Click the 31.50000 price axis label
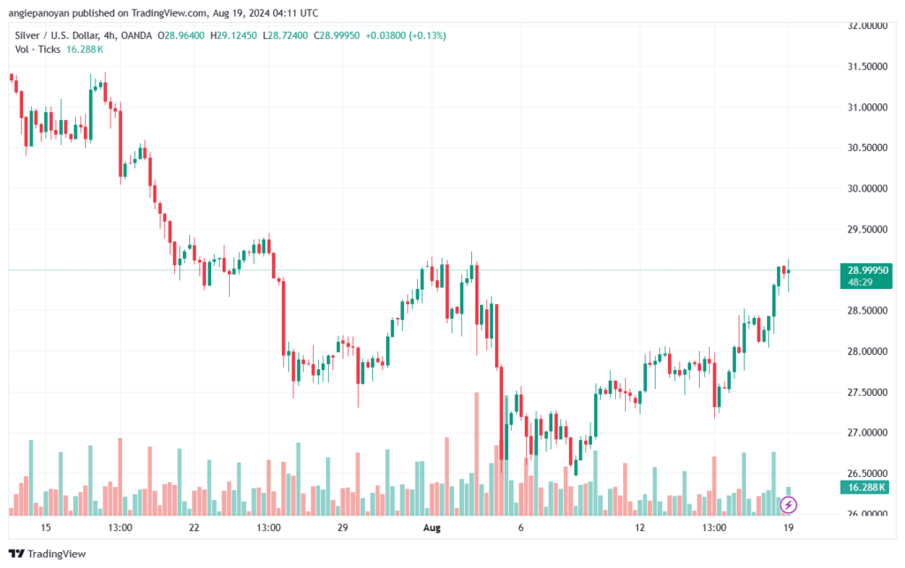(867, 66)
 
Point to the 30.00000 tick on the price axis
(867, 188)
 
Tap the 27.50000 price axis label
(867, 392)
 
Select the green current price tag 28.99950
(868, 270)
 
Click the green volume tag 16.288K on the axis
(866, 488)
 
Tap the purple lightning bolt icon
(787, 505)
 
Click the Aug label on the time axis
(431, 527)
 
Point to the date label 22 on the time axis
(194, 527)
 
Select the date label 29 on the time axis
(342, 527)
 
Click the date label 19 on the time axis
(787, 527)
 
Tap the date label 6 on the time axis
(521, 527)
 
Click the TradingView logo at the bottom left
(48, 554)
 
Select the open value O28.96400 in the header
(180, 35)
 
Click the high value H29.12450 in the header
(233, 35)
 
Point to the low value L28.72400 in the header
(285, 35)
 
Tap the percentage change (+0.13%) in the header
(427, 35)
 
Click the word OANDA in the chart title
(136, 35)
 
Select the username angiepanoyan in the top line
(39, 13)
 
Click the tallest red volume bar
(476, 454)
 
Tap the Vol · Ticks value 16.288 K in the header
(85, 49)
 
